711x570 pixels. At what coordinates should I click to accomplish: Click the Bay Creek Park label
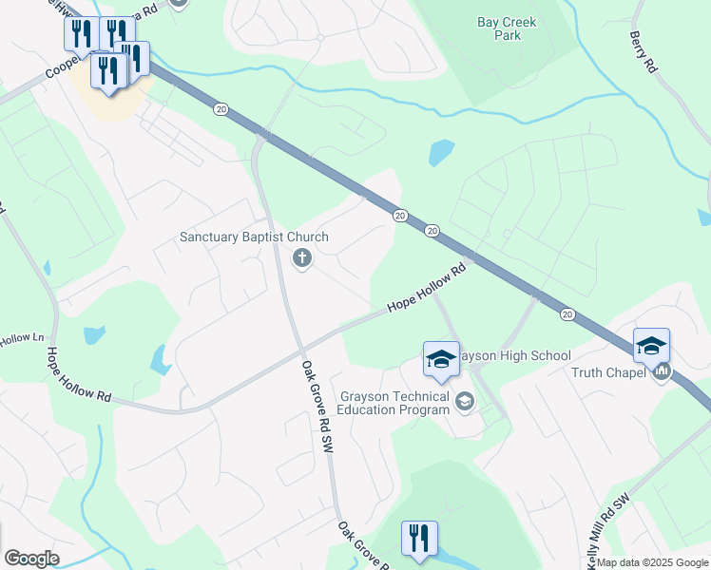tap(506, 28)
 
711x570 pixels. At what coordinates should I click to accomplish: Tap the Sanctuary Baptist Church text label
tap(254, 237)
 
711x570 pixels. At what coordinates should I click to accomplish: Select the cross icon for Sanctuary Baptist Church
tap(302, 256)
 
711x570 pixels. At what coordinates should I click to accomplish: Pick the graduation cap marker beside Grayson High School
tap(441, 359)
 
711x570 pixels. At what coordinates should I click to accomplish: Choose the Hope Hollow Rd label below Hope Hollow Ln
tap(78, 376)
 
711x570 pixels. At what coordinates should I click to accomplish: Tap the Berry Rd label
tap(644, 51)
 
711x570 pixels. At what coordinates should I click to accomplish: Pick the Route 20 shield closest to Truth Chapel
tap(567, 313)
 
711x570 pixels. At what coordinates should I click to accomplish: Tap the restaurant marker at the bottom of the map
tap(418, 539)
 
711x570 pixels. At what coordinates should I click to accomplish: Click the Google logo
tap(31, 559)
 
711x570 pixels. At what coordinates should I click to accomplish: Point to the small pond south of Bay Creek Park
tap(441, 152)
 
